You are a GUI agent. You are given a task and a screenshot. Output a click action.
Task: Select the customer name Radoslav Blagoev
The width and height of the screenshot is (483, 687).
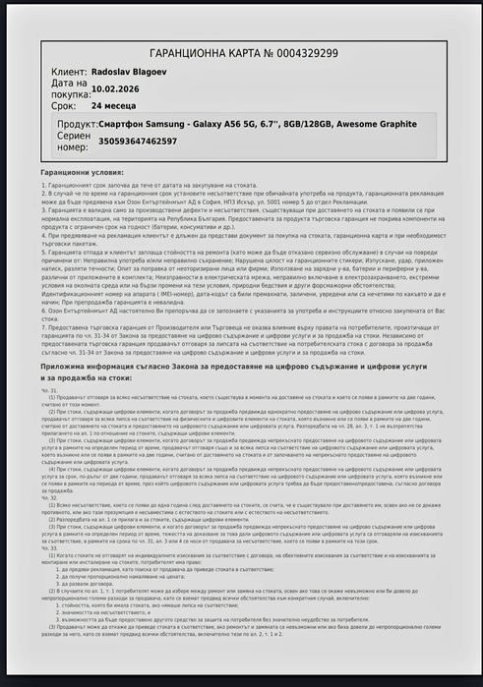tap(134, 72)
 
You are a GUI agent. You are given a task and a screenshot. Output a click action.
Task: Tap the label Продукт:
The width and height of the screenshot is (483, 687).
tap(77, 125)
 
